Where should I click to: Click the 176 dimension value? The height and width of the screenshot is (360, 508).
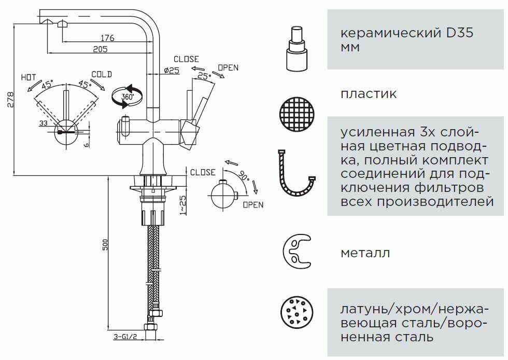point(107,37)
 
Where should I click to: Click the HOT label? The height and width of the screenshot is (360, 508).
point(29,77)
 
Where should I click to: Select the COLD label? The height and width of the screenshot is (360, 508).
point(102,74)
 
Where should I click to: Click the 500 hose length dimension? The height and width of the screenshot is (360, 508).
point(105,245)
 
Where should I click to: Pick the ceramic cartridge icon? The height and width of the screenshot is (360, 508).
point(297,49)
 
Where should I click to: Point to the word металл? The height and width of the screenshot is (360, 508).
point(365,254)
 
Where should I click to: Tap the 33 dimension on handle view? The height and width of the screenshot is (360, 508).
point(43,123)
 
